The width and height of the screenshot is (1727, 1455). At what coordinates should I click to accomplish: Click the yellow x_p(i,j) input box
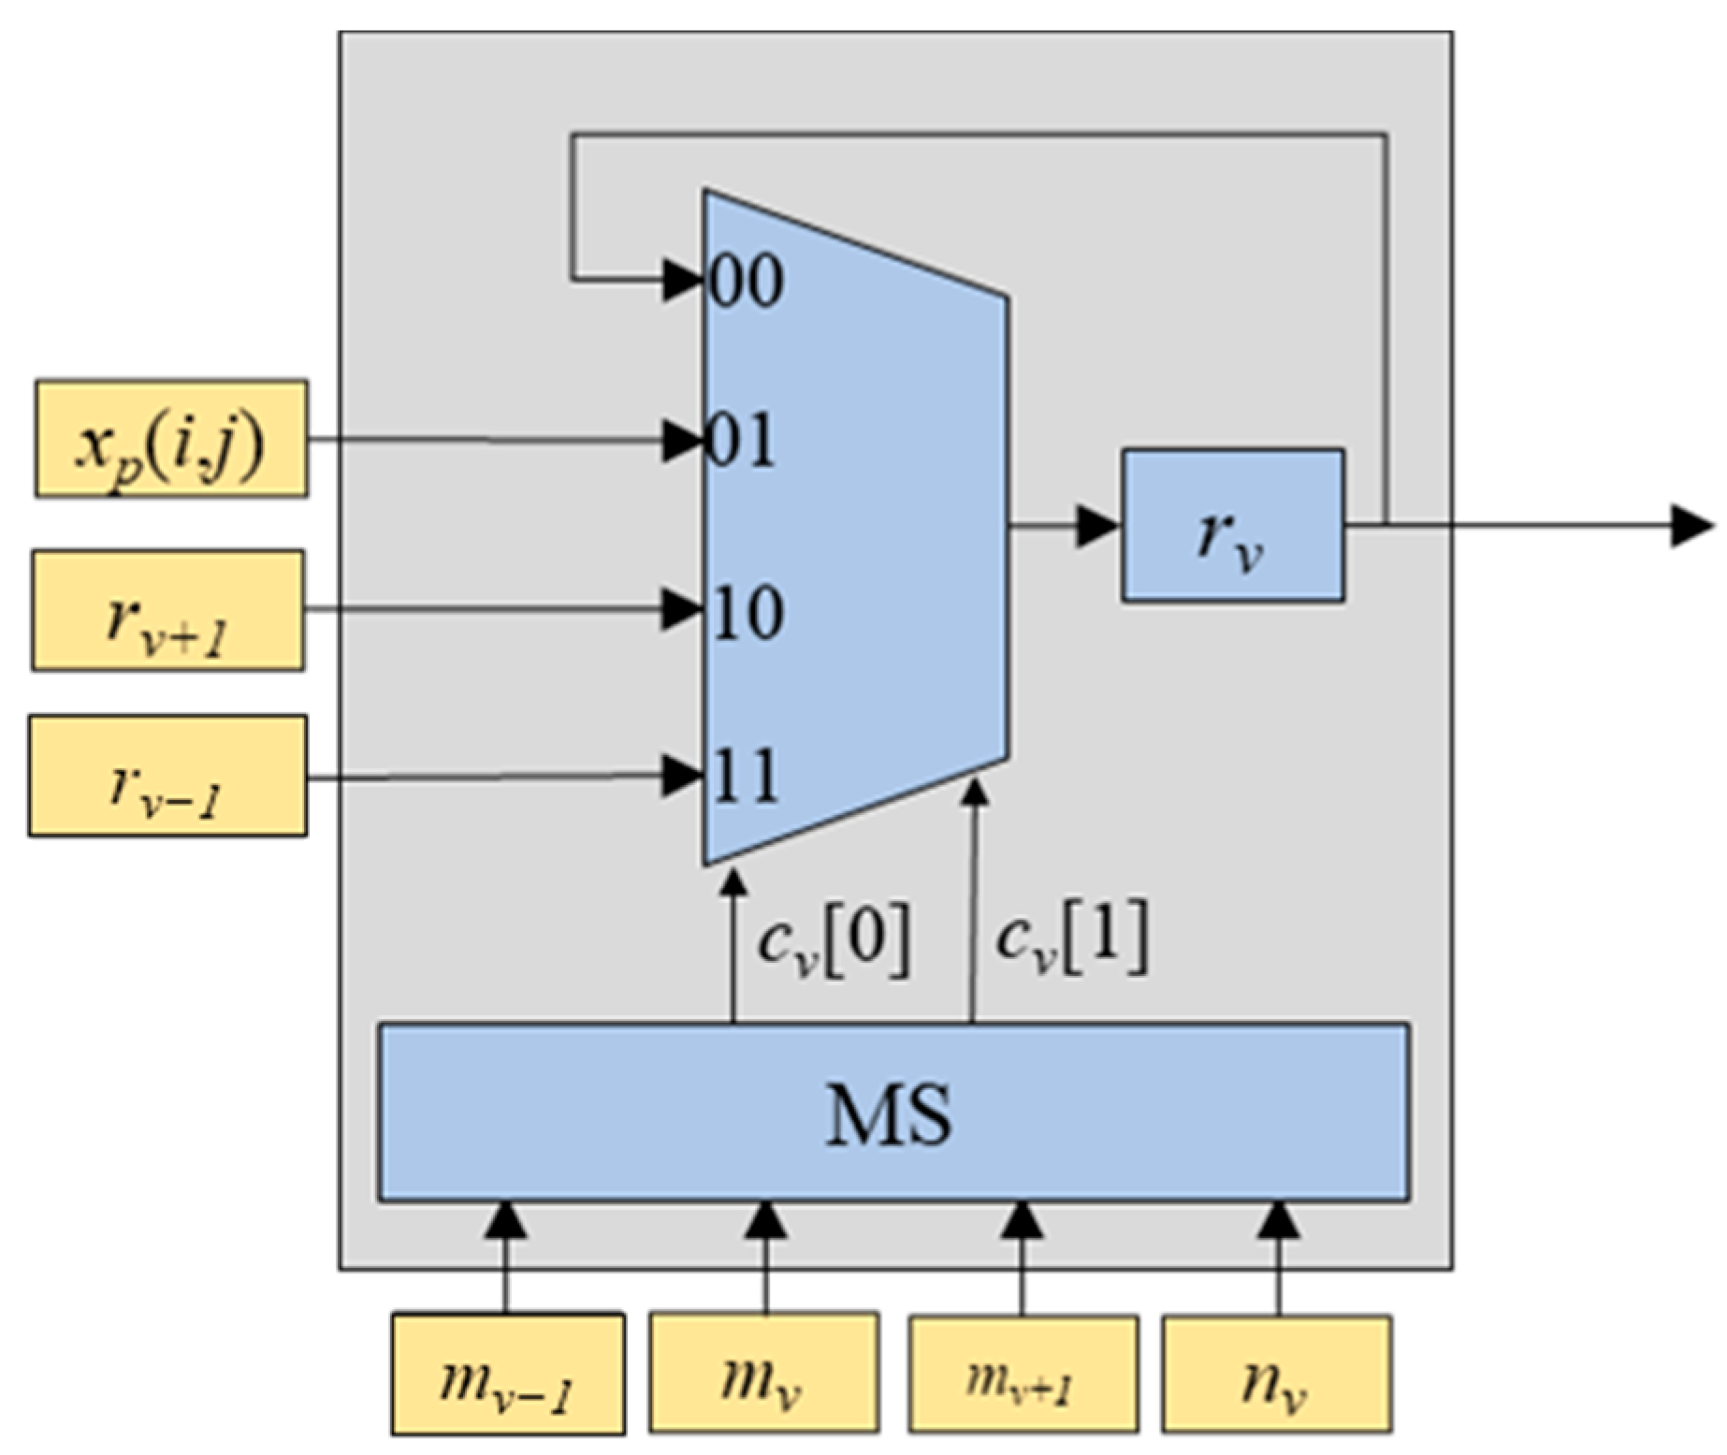(x=171, y=439)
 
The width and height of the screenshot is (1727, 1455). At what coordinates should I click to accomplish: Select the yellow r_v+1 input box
(x=168, y=611)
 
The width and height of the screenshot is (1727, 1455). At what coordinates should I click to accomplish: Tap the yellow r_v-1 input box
(x=168, y=777)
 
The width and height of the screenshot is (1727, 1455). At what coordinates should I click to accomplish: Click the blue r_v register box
(x=1233, y=526)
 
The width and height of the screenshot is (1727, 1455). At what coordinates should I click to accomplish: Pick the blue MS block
(x=893, y=1113)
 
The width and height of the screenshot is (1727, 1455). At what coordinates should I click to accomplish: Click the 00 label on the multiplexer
(x=747, y=280)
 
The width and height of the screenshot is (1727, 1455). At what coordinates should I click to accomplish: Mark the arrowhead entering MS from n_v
(x=1279, y=1219)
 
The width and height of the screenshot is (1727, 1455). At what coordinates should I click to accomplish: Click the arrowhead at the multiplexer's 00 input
(x=682, y=280)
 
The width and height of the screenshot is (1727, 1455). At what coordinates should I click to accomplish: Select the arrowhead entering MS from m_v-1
(x=506, y=1219)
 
